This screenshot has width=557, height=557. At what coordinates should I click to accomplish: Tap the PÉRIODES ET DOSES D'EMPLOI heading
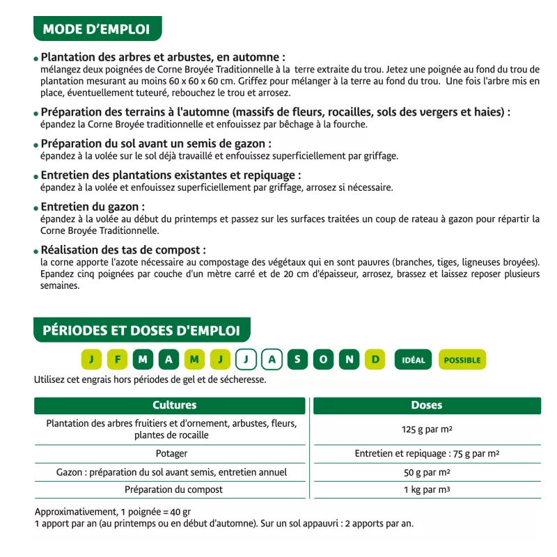(x=141, y=330)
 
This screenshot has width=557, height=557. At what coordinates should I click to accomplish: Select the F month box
(x=118, y=359)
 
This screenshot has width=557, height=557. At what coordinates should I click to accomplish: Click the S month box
(x=297, y=359)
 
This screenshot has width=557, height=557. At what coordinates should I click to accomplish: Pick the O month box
(x=323, y=359)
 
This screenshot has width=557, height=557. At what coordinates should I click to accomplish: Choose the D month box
(x=375, y=359)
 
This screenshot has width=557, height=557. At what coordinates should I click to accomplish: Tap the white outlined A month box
(x=272, y=359)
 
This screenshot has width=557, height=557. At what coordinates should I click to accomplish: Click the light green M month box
(x=194, y=359)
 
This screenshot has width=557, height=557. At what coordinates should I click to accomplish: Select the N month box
(x=350, y=359)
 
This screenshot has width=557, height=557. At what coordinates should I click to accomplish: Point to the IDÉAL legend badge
(x=414, y=360)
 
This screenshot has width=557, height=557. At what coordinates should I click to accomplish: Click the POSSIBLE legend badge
(x=462, y=360)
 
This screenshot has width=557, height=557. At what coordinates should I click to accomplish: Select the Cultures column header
(x=174, y=405)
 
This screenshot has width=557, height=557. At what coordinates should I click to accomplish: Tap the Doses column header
(x=426, y=405)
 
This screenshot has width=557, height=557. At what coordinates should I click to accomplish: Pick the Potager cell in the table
(x=171, y=454)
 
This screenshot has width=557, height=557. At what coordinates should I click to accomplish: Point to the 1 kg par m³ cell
(x=426, y=490)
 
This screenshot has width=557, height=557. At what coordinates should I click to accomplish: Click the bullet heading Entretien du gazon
(x=93, y=207)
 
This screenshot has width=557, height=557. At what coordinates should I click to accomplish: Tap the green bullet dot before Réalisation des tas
(x=36, y=251)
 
